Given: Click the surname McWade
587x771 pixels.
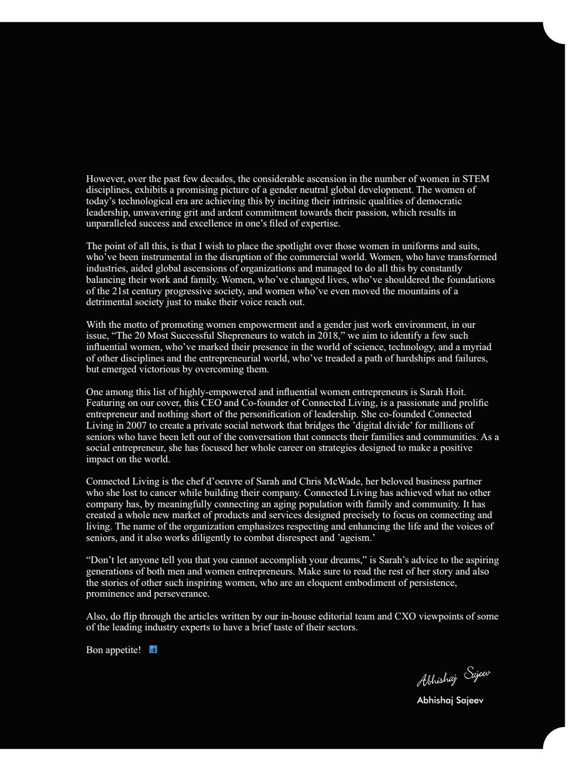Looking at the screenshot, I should tap(341, 481).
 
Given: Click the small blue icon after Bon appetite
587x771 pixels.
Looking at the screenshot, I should tap(153, 649).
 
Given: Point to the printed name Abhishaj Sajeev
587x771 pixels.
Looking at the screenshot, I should tap(450, 701).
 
